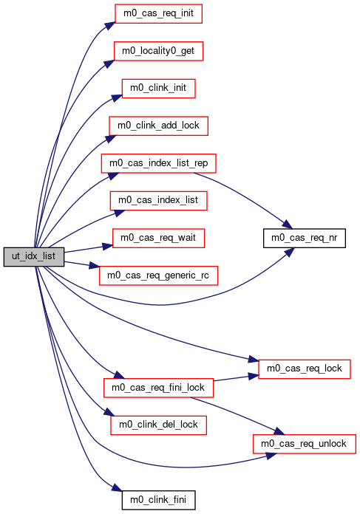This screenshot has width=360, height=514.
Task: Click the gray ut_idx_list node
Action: [34, 257]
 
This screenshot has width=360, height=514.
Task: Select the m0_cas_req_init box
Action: [158, 14]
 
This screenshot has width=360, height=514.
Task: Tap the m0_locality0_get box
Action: [158, 51]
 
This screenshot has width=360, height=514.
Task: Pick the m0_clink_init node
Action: [158, 89]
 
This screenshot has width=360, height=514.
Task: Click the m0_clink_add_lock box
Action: [158, 126]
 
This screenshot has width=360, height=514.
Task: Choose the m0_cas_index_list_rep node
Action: [158, 163]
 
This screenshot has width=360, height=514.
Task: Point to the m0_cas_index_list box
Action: [158, 201]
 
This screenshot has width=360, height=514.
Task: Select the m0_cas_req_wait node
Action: [158, 238]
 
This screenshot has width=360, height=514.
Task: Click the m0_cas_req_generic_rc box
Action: [158, 275]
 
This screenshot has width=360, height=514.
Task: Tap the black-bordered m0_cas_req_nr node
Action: [305, 238]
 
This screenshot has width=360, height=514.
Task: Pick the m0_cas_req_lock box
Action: [305, 369]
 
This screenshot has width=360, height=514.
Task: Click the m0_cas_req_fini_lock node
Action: [158, 388]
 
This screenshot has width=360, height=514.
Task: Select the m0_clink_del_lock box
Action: [158, 425]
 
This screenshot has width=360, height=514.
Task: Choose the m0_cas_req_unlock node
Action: [305, 444]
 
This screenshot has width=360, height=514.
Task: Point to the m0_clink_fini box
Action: [158, 500]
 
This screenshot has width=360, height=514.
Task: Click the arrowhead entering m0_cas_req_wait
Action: [108, 246]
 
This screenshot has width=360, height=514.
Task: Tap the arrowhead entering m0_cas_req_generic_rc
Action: [94, 266]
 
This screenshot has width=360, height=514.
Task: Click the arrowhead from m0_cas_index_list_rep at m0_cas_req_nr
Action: [287, 225]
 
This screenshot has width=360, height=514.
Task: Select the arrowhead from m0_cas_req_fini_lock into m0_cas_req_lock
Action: [254, 376]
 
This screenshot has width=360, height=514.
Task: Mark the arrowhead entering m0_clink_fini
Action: [117, 487]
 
